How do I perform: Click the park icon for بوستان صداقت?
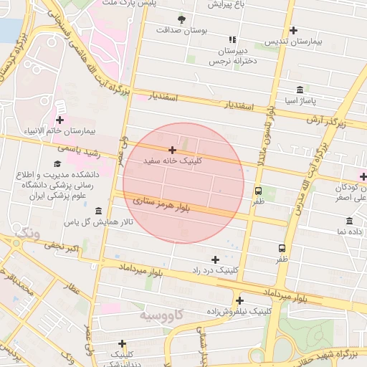click(x=181, y=19)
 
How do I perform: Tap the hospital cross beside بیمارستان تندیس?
click(x=294, y=30)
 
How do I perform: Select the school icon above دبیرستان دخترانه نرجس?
click(x=232, y=39)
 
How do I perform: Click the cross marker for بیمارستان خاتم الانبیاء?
click(x=59, y=120)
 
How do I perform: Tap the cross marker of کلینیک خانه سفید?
click(x=172, y=150)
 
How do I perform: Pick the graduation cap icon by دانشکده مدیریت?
click(x=57, y=163)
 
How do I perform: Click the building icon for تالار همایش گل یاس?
click(x=98, y=211)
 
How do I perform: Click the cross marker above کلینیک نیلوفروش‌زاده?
click(x=239, y=300)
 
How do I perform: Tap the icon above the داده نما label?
click(x=349, y=221)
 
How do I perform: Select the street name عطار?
click(x=72, y=290)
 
